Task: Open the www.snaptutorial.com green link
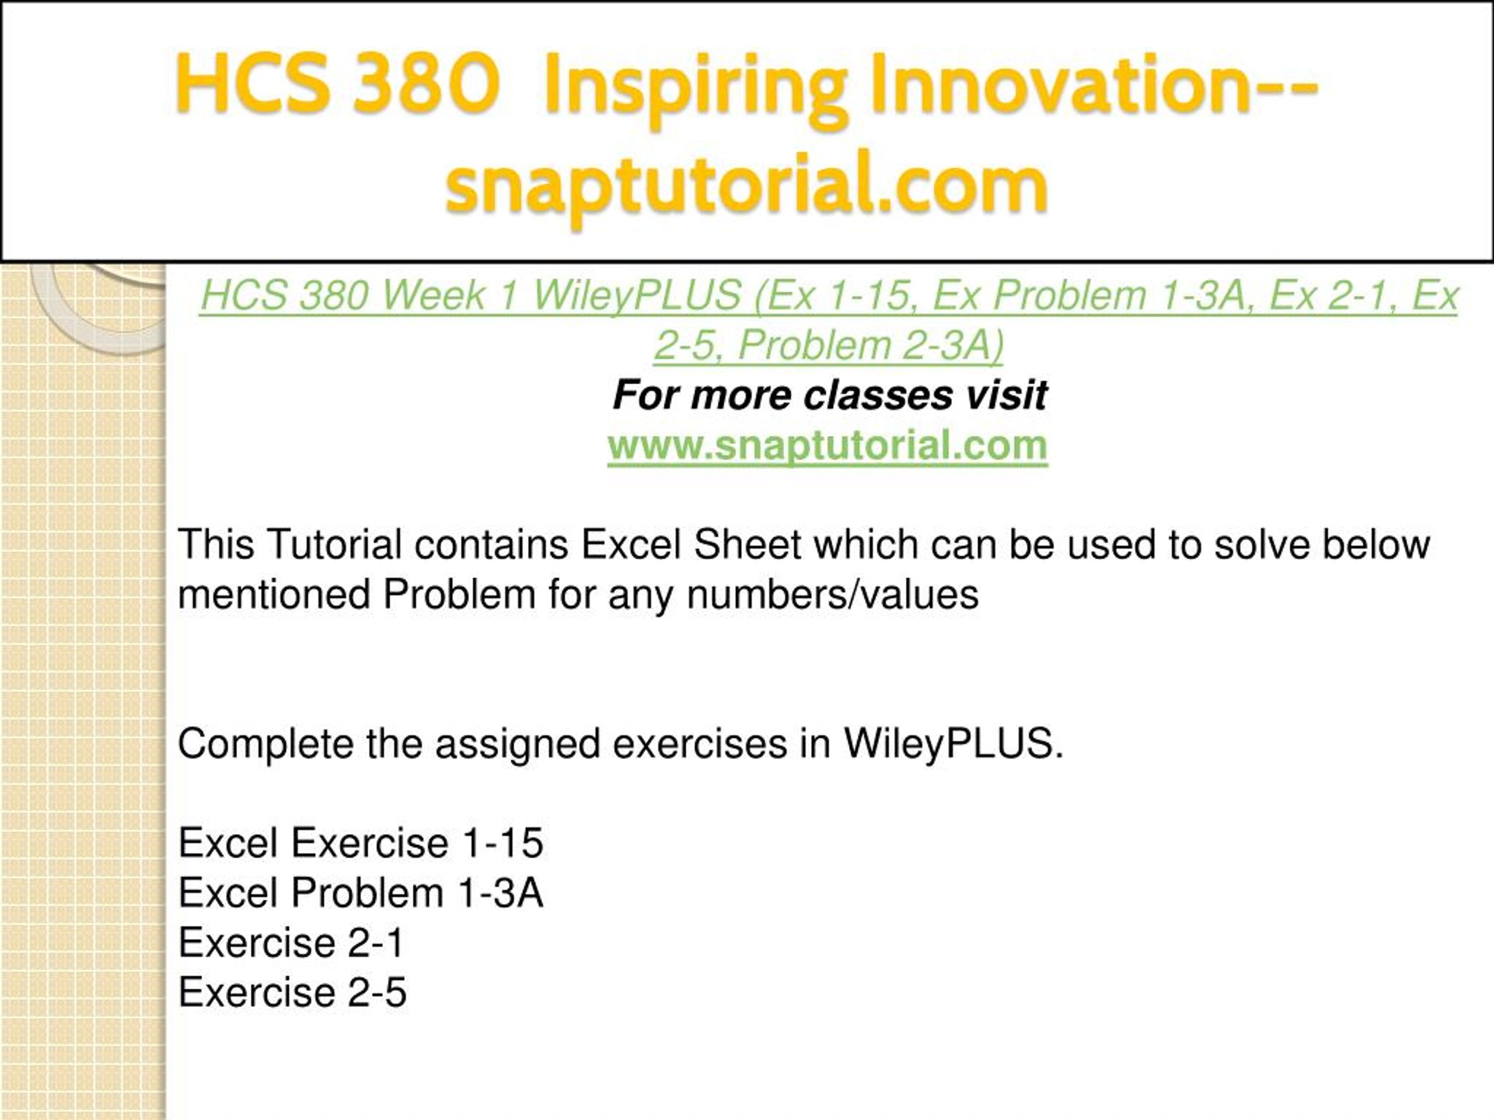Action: [x=828, y=446]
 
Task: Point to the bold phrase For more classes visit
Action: [x=829, y=394]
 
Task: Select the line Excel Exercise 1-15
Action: [x=361, y=842]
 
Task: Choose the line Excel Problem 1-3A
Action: [x=361, y=892]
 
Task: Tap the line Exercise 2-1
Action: [x=291, y=943]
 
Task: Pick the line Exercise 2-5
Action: [x=292, y=992]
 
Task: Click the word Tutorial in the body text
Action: [x=334, y=544]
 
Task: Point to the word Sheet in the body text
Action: [x=748, y=544]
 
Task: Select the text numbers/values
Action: [x=832, y=595]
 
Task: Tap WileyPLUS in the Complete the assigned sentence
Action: [x=953, y=744]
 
